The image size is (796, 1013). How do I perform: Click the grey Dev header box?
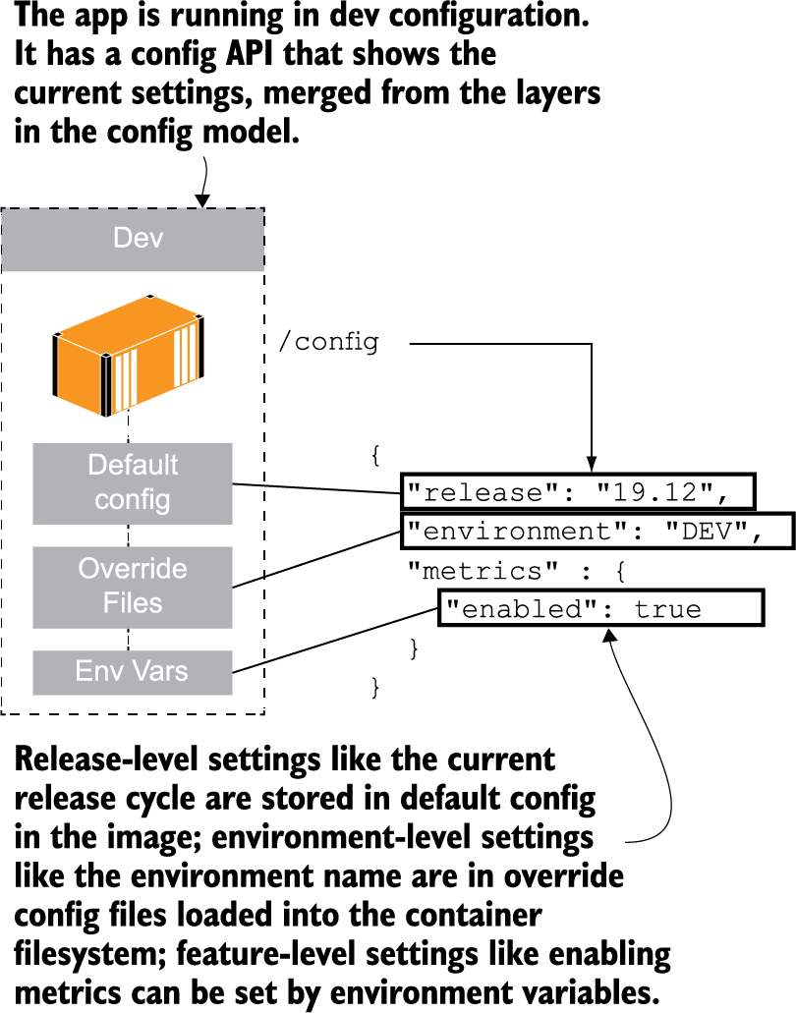[x=133, y=239]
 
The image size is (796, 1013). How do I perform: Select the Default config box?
[x=133, y=482]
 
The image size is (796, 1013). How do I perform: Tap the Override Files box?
[x=133, y=587]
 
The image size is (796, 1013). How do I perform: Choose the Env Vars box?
[x=133, y=672]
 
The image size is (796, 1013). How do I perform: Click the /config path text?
[x=329, y=343]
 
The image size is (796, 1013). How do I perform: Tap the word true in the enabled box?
[x=668, y=609]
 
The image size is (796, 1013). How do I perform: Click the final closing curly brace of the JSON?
[x=374, y=687]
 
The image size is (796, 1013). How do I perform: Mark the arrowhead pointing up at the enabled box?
[x=609, y=636]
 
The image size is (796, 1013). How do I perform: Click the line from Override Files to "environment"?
[x=314, y=560]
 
